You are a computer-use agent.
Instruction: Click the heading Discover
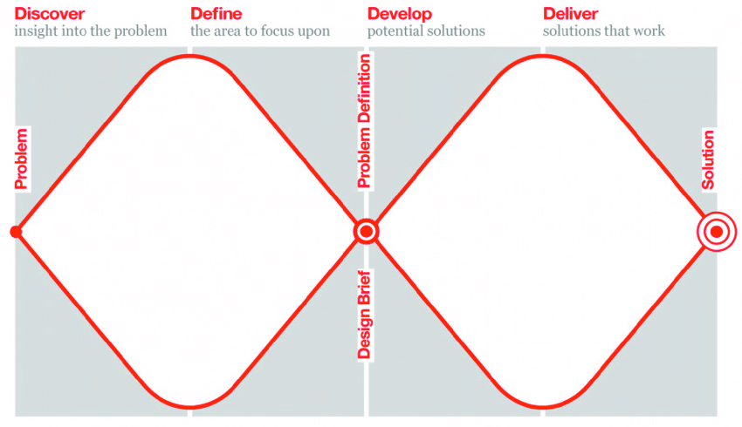pos(49,14)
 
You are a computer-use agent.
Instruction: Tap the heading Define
pos(216,14)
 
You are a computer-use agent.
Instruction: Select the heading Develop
pos(399,14)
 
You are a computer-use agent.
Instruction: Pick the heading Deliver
pos(572,14)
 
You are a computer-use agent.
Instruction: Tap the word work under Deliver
pos(649,31)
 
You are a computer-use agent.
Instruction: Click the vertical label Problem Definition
pos(365,121)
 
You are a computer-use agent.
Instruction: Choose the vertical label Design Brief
pos(365,315)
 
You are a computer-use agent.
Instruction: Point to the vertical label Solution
pos(709,160)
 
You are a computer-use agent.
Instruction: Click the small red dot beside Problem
pos(16,232)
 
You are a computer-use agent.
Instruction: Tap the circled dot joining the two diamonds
pos(367,232)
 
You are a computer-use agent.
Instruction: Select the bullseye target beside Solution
pos(715,233)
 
